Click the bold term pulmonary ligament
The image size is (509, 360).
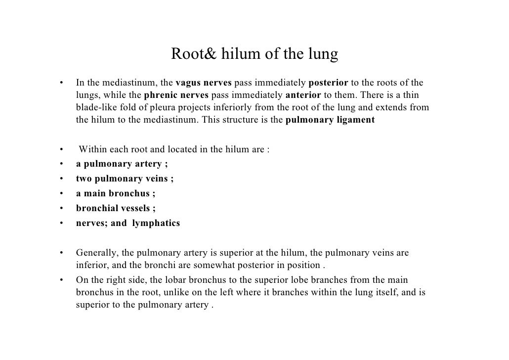[330, 120]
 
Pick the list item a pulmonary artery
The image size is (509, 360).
[119, 164]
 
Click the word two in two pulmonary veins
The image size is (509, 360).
[83, 179]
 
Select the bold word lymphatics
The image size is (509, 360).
[156, 223]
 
